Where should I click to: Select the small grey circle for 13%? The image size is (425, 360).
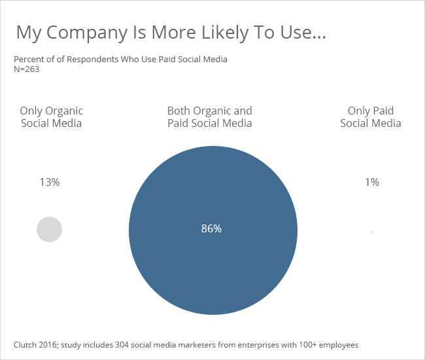pos(49,229)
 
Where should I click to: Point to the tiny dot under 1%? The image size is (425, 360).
pos(371,232)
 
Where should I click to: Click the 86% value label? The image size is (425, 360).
pos(211,228)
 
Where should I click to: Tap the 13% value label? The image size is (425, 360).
pos(50,183)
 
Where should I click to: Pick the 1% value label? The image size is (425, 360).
pos(371,183)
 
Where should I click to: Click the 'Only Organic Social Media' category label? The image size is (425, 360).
pos(52,117)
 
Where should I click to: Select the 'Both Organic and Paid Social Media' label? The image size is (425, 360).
pos(209,117)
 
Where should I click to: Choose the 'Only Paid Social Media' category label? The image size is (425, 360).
pos(371,117)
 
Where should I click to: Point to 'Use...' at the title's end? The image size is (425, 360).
pos(301,33)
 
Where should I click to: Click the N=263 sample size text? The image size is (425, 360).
pos(27,69)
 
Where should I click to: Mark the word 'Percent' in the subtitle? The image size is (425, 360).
pos(28,60)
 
